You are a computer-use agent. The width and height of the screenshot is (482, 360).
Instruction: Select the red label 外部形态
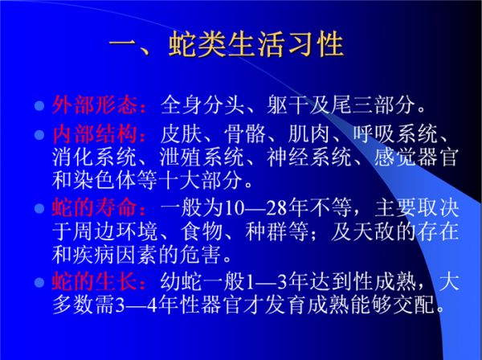point(95,104)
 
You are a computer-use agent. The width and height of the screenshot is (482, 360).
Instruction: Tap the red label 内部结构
point(95,134)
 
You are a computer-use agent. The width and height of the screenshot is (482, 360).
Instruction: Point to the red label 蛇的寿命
point(95,207)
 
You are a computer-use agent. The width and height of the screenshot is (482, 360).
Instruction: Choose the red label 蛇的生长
point(95,280)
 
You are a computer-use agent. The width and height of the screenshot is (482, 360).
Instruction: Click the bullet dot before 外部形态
point(39,106)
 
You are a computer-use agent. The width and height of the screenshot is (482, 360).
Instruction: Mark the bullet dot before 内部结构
point(39,135)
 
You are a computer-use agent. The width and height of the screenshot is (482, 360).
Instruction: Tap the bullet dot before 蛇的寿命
point(39,209)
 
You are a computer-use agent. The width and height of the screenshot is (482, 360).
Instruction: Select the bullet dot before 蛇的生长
point(39,282)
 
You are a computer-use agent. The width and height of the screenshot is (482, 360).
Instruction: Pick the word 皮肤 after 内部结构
point(181,134)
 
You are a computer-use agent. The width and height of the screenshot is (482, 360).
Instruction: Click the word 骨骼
point(245,134)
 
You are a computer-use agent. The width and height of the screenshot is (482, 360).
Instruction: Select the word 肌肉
point(309,134)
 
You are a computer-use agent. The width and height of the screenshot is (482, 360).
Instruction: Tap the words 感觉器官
point(416,157)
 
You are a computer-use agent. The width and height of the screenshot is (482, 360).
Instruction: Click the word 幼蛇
point(181,281)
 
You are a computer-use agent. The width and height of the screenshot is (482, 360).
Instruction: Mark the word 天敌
point(374,231)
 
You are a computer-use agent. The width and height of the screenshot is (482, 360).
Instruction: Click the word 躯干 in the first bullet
point(288,105)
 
